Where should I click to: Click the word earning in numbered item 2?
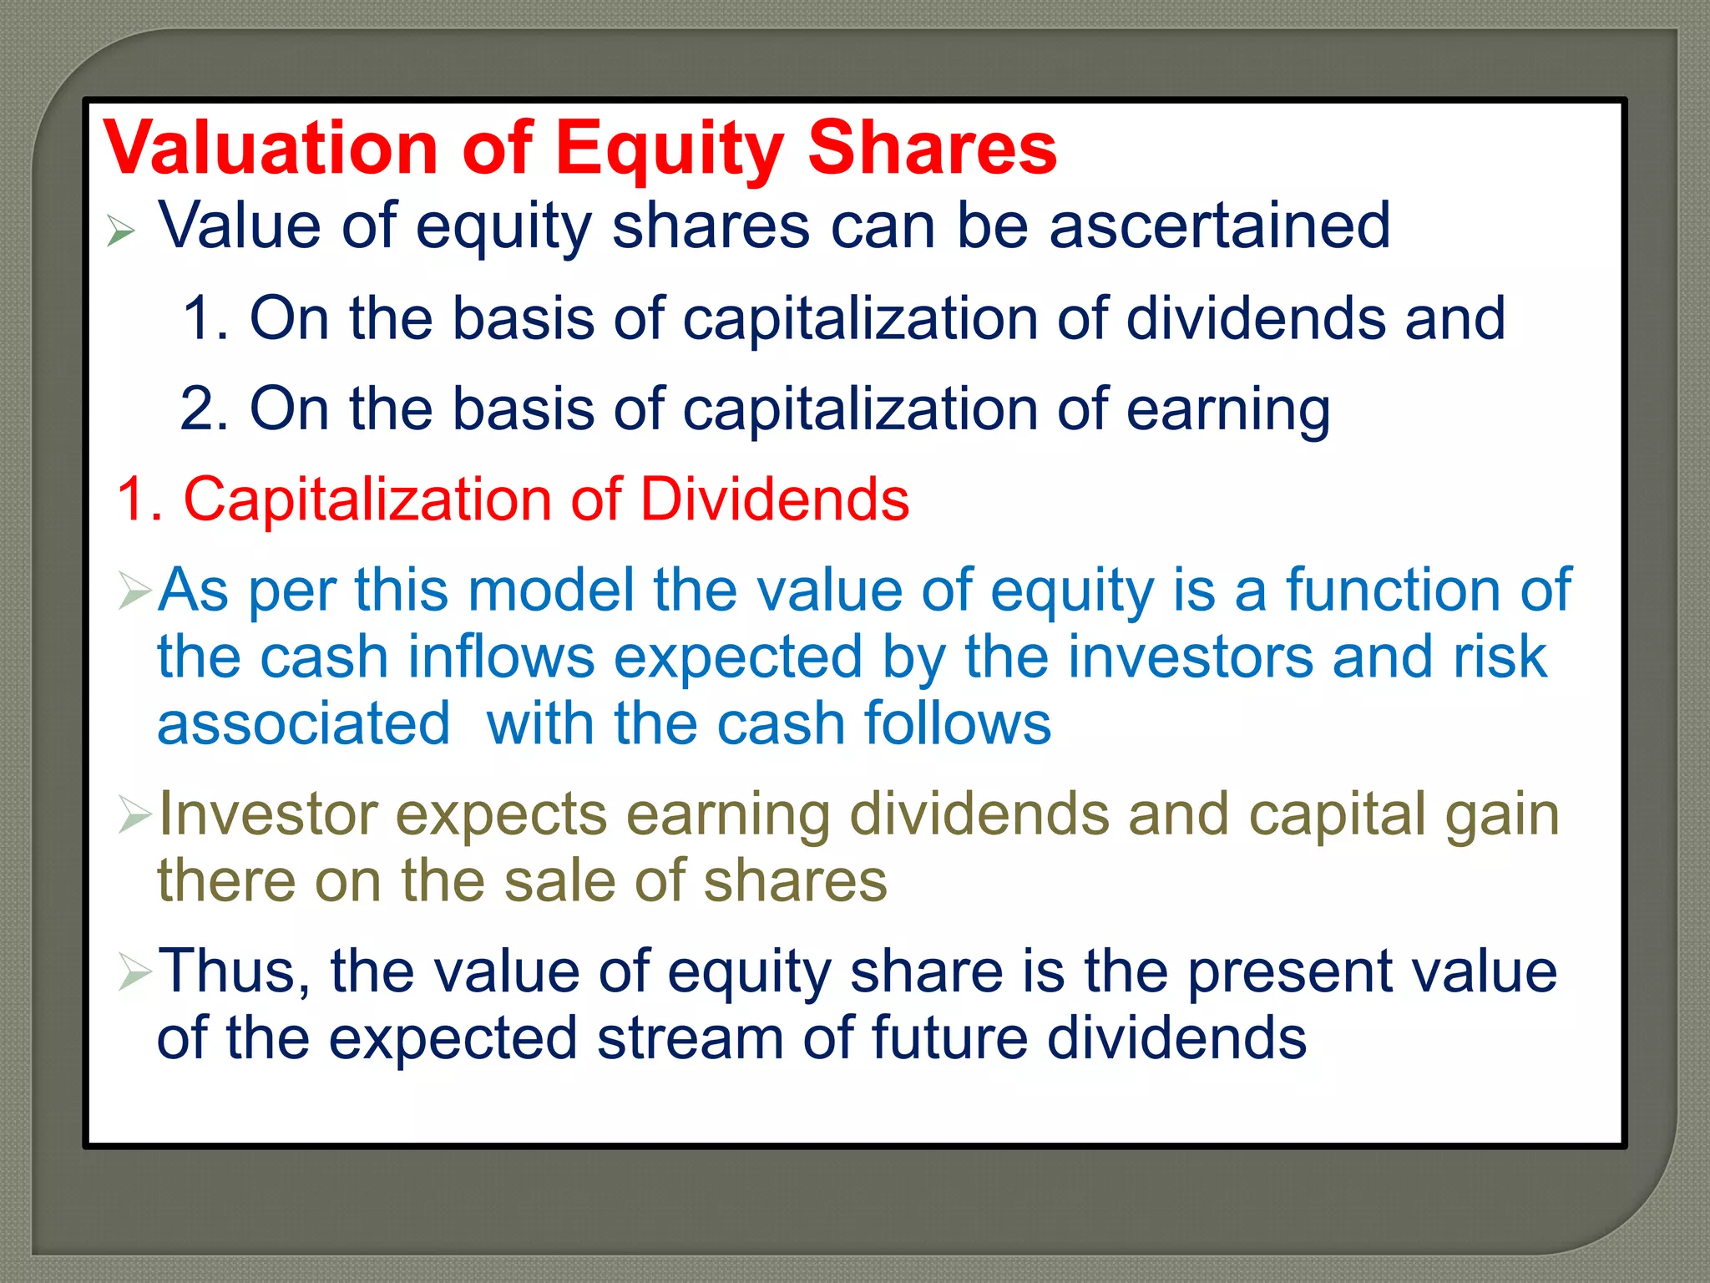click(1227, 409)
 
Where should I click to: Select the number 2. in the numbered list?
click(204, 409)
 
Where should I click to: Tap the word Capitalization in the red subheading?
click(367, 500)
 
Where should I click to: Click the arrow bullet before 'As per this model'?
click(134, 591)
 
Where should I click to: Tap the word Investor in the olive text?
click(267, 814)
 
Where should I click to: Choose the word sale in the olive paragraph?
click(559, 880)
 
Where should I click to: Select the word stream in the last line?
click(690, 1038)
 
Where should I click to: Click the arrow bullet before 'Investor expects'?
click(134, 814)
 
